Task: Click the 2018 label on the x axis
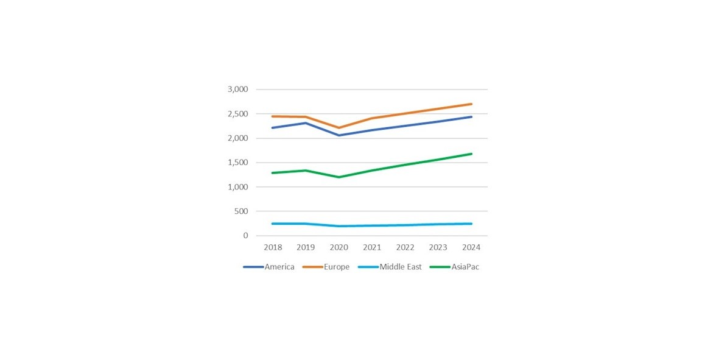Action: click(x=272, y=247)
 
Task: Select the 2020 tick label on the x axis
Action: click(x=338, y=247)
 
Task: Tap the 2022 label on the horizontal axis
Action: click(x=405, y=247)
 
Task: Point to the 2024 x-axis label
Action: click(x=471, y=247)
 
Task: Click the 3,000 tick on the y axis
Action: click(x=238, y=90)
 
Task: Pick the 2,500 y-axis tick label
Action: click(x=238, y=114)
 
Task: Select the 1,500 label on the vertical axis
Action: click(x=238, y=163)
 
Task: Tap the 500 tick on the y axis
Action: click(x=241, y=211)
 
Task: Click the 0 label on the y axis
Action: click(x=246, y=236)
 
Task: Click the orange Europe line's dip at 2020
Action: click(x=338, y=128)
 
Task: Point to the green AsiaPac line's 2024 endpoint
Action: click(x=471, y=154)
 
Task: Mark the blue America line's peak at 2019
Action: click(x=305, y=123)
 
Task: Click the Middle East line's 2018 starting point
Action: click(x=272, y=224)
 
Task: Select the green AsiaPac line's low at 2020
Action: click(x=338, y=177)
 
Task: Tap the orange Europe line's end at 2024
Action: click(x=471, y=104)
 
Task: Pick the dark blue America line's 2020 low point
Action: click(x=338, y=135)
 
